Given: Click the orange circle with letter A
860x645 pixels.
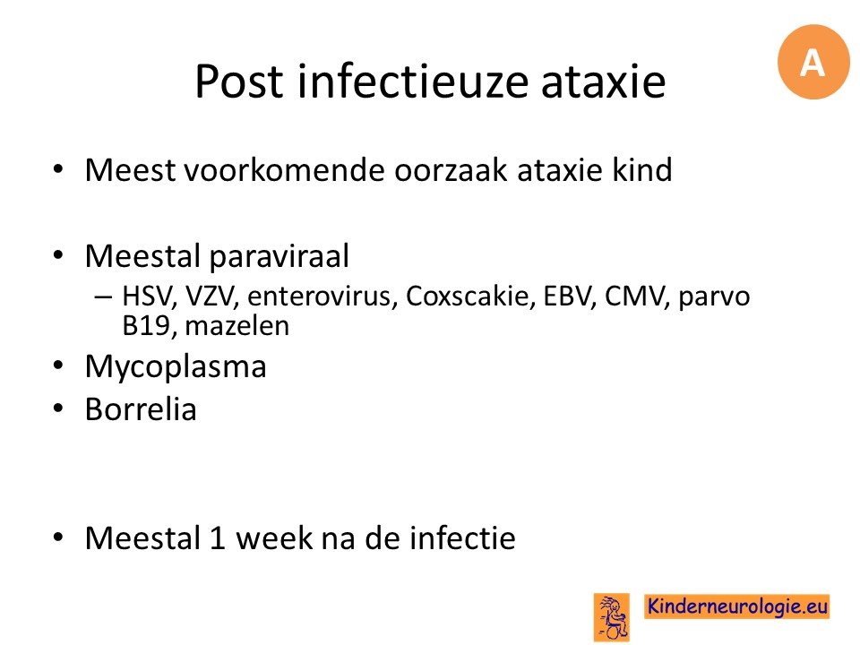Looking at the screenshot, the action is click(813, 62).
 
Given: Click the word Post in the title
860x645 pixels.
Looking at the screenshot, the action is click(240, 82).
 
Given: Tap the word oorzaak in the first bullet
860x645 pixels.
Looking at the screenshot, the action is click(451, 169).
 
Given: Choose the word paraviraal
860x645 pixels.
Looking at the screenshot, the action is click(279, 256).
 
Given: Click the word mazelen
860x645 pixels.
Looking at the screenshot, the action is click(236, 326).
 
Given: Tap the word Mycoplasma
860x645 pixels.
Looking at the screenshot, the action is click(176, 366).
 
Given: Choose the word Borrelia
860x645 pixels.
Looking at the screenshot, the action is click(141, 409).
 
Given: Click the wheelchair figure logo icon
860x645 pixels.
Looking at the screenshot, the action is click(612, 617).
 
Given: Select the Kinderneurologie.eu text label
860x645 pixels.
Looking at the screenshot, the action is click(737, 606).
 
